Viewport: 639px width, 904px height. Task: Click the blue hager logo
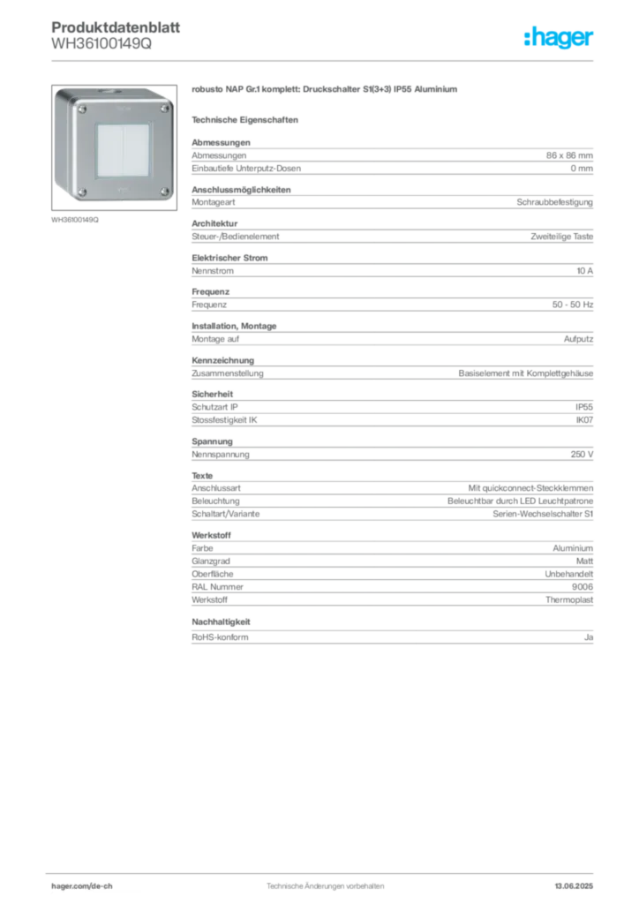coord(560,38)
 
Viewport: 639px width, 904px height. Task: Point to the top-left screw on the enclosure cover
coord(83,109)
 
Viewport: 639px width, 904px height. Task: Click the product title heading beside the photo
coord(323,90)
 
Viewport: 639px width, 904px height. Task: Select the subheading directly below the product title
coord(248,119)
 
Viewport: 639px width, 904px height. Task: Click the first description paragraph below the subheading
coord(391,157)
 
